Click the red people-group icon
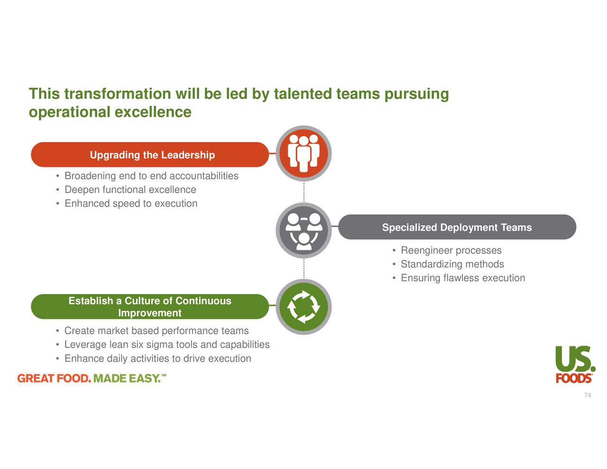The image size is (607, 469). point(303,154)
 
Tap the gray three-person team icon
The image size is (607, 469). point(303,231)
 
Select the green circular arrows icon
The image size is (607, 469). point(303,307)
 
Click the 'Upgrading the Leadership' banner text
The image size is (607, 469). point(152,155)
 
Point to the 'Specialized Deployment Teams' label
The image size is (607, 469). point(457,228)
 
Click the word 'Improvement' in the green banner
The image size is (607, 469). point(149,313)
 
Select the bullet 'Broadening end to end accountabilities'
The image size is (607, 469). point(151,176)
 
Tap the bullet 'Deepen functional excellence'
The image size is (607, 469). point(130,190)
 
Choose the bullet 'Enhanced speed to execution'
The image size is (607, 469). point(131,203)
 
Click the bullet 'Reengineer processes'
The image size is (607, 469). point(451,250)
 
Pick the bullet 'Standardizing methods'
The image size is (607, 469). point(452,264)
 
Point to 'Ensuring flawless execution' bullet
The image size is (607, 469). point(463,278)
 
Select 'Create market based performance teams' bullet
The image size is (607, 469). point(156,331)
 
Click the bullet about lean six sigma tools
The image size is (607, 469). point(167,344)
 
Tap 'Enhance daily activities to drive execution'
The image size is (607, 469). point(157,359)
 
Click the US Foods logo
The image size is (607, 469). point(575,364)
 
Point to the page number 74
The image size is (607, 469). point(588,395)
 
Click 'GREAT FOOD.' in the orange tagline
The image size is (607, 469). point(54,378)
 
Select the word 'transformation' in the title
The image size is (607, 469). point(117,94)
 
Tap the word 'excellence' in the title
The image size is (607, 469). point(153,112)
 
